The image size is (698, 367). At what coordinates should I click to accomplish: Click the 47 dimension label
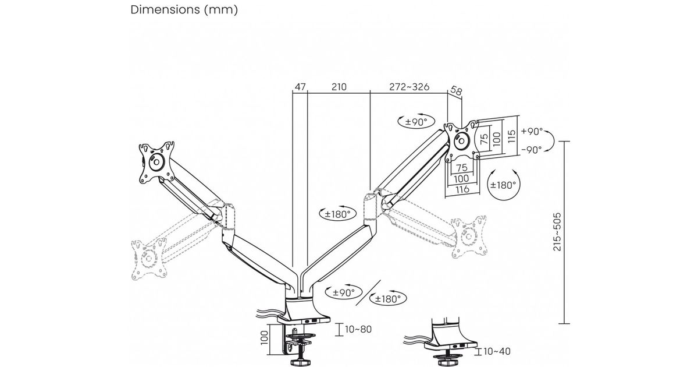(300, 87)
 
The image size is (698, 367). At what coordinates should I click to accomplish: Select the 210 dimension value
(339, 87)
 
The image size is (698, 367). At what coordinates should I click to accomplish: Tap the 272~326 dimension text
(409, 87)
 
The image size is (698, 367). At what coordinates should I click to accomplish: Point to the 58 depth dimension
(457, 91)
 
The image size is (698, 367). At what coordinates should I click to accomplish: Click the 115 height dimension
(511, 136)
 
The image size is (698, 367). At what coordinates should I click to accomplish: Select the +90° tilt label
(532, 131)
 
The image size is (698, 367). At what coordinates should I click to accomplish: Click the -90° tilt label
(532, 149)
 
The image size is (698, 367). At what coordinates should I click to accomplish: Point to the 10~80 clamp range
(358, 329)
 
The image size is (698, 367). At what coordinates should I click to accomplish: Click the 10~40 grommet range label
(497, 351)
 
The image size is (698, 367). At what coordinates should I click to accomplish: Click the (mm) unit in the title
(222, 10)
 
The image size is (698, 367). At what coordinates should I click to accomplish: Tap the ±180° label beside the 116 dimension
(503, 185)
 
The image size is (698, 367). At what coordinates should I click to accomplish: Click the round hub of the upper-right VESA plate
(462, 141)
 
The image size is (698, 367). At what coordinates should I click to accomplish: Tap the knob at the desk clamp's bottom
(300, 362)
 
